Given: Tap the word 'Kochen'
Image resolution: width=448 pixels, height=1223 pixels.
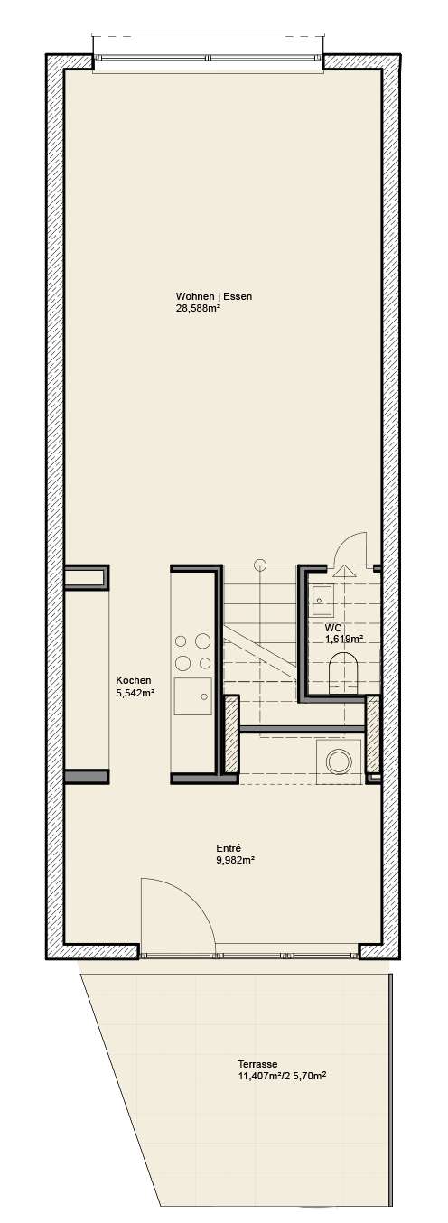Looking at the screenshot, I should pos(134,681).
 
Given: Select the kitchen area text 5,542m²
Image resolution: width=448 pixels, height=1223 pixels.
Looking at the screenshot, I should pos(135,693).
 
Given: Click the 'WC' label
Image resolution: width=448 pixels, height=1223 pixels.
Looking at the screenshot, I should pos(332,627).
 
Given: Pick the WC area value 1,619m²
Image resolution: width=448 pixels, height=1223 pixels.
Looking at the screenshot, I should pos(344,638).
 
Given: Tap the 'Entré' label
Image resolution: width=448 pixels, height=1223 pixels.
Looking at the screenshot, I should pos(228,848).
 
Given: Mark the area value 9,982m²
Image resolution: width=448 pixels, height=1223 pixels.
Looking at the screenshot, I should pos(234,860).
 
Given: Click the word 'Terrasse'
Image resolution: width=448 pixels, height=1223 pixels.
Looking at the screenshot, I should pos(258,1064).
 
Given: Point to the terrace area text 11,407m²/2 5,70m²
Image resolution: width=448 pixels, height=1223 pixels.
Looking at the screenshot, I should pos(281,1076).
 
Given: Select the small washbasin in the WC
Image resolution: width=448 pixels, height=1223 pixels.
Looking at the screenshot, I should pos(321,595).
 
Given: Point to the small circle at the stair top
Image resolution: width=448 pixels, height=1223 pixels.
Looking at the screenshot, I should pos(260,565).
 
